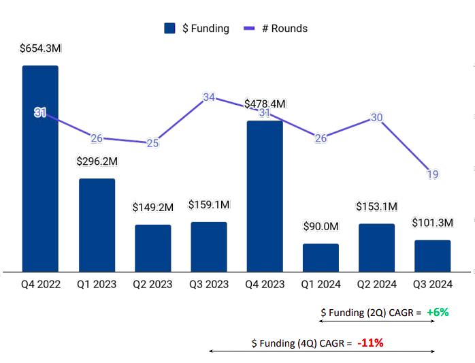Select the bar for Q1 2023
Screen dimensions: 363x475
(x=97, y=225)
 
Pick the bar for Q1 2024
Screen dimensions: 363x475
(x=321, y=257)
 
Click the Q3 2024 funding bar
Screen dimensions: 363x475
(x=432, y=255)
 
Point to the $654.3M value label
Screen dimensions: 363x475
(x=40, y=49)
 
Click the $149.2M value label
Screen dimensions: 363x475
(x=152, y=207)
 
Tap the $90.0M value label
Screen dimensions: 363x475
(x=321, y=226)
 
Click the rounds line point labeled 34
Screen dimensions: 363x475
(x=209, y=97)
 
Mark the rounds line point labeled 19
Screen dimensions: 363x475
(x=433, y=174)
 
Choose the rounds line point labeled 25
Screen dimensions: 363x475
(x=152, y=143)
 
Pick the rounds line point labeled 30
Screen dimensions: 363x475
(x=376, y=117)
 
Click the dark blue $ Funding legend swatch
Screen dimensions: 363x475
(x=170, y=29)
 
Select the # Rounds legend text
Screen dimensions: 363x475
(x=284, y=29)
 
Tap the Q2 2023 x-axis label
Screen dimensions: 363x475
(x=152, y=285)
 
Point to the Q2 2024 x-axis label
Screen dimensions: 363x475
(x=376, y=285)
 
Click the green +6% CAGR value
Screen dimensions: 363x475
(x=438, y=312)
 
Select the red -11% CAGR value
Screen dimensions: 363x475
(x=370, y=342)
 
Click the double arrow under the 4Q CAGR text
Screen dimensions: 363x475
(x=321, y=351)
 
